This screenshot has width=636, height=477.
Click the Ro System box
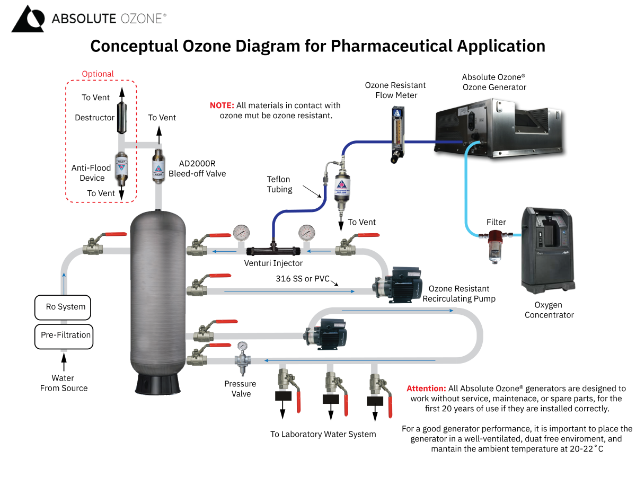point(63,307)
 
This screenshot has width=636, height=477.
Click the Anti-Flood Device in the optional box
point(121,170)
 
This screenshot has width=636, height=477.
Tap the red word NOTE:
point(222,105)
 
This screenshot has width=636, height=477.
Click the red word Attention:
point(426,388)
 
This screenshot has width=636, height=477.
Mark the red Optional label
point(98,74)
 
